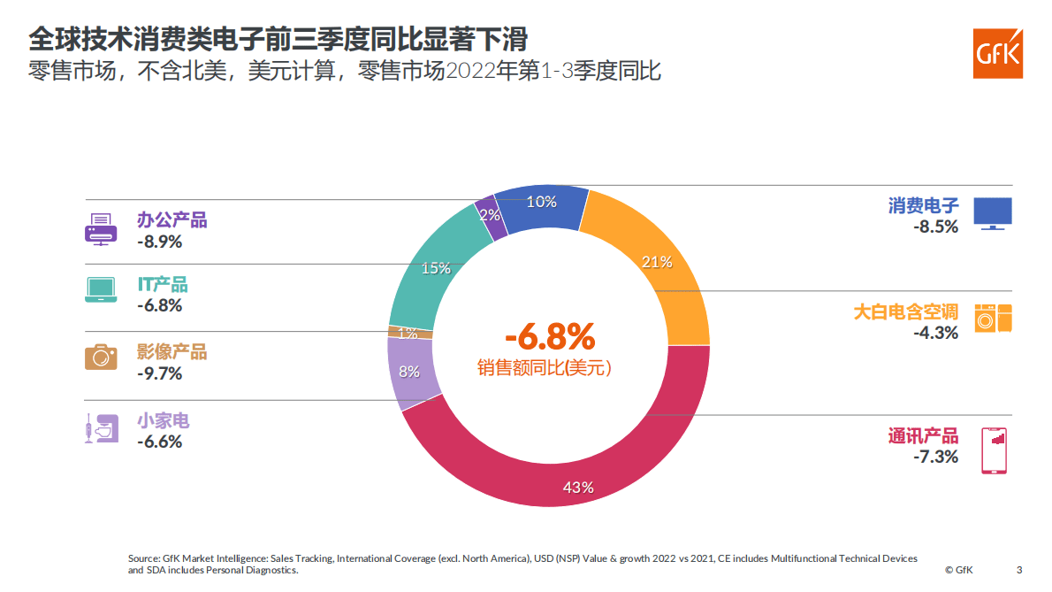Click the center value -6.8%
pos(549,337)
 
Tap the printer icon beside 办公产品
pos(100,229)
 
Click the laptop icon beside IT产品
pos(100,290)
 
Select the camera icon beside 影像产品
pos(100,357)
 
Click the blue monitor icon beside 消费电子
pos(993,213)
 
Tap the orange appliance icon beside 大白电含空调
pos(993,318)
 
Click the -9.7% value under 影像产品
pos(159,373)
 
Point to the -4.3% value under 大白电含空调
pos(935,333)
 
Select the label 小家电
pos(163,420)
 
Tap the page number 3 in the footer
pos(1019,569)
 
